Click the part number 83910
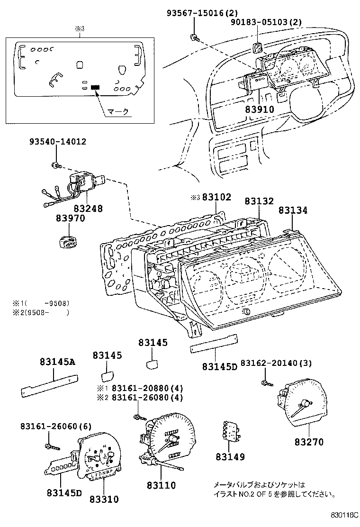point(260,109)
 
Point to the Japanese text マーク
point(117,112)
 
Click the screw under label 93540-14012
point(55,165)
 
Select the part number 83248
point(88,208)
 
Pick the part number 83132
point(259,201)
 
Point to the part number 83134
point(293,210)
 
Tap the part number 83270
point(309,442)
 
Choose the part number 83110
point(161,485)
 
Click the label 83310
point(104,499)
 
